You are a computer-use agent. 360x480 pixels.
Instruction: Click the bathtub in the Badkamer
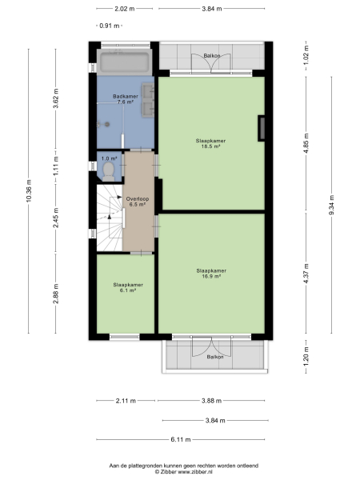tap(126, 62)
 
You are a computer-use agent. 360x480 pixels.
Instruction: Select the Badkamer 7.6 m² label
tap(126, 99)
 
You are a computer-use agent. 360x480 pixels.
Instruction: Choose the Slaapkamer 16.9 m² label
tap(211, 273)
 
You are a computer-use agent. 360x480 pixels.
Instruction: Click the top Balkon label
tap(212, 56)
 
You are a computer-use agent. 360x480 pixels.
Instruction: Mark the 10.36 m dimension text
tap(30, 189)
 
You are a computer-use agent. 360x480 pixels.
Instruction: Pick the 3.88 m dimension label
tap(213, 400)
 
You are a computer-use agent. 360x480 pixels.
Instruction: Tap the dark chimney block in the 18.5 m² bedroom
tap(261, 127)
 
